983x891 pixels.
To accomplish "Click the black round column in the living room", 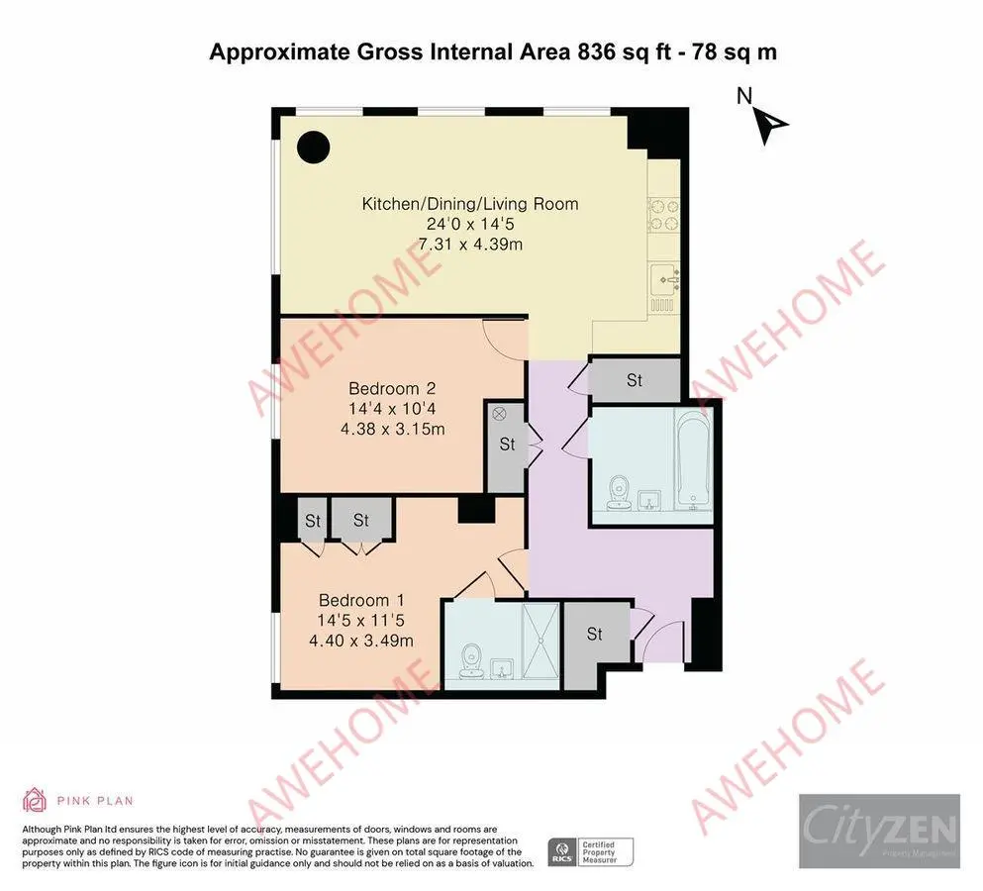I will (315, 148).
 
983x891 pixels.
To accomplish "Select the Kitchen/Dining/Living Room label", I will (469, 205).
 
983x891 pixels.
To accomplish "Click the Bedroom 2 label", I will (392, 388).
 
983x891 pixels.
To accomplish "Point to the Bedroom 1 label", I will (360, 600).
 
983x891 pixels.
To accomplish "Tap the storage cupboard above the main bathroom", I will (635, 380).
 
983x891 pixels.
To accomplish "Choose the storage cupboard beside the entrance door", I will (595, 635).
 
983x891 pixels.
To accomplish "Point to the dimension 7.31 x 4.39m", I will (469, 244).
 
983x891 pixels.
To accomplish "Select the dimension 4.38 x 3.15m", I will (392, 429).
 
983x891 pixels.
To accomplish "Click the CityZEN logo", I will (879, 825).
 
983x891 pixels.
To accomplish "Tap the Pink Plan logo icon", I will (35, 800).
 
